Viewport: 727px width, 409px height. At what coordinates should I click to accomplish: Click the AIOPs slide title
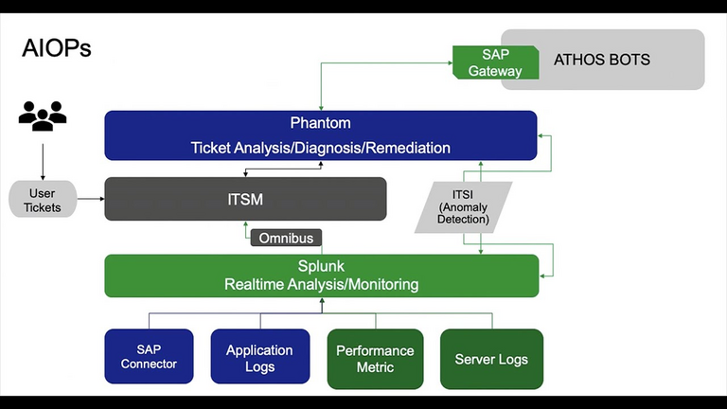[57, 48]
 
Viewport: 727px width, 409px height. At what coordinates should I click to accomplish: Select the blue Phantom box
[320, 135]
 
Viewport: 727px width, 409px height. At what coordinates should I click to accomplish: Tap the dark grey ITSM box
[245, 199]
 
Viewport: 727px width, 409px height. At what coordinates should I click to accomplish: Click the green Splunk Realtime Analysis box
[321, 276]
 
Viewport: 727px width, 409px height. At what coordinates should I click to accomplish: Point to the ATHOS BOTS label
[601, 60]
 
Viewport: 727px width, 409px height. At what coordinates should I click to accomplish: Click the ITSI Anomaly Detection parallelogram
[463, 207]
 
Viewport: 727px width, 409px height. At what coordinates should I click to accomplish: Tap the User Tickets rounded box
[42, 200]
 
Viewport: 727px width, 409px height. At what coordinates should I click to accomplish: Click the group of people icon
[43, 116]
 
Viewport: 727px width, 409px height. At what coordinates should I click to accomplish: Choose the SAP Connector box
[149, 357]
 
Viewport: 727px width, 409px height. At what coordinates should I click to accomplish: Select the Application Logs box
[259, 357]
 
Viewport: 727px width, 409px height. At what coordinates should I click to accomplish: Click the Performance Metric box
[375, 358]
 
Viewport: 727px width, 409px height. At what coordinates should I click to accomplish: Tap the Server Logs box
[491, 359]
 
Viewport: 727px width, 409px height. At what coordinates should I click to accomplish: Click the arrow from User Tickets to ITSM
[90, 199]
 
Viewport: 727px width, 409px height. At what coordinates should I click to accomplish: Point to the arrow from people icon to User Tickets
[43, 156]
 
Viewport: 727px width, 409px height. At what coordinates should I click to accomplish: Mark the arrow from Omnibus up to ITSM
[245, 227]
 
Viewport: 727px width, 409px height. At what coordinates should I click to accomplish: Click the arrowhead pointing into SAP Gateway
[448, 62]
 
